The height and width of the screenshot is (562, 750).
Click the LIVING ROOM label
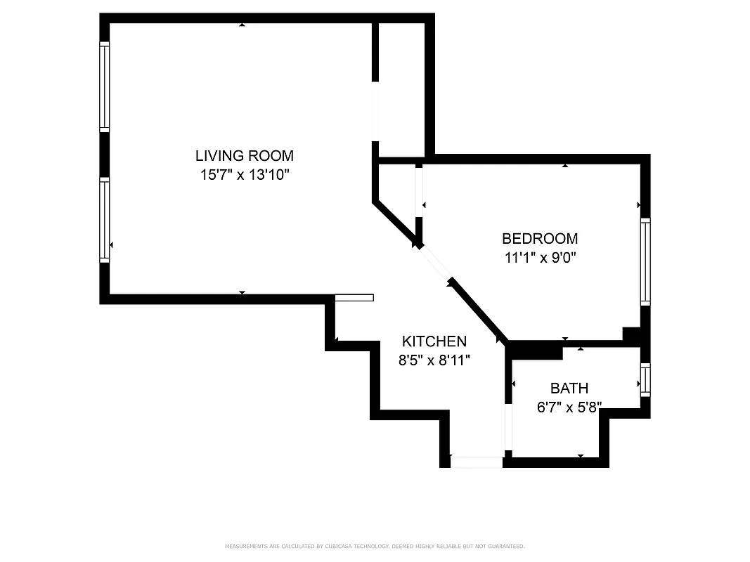point(244,155)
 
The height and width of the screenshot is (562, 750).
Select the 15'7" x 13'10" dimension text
point(244,174)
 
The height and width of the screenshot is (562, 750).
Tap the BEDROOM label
point(539,238)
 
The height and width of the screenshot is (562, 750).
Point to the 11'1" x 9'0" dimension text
point(540,257)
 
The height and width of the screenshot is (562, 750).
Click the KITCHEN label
point(434,341)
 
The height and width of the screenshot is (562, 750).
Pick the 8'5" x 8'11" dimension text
point(434,360)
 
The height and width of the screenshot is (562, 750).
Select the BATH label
point(569,388)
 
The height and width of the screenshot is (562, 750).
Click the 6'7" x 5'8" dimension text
point(569,407)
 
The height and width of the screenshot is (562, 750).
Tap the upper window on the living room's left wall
point(105,86)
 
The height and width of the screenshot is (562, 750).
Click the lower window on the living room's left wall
point(105,220)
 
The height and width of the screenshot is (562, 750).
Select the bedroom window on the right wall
point(645,261)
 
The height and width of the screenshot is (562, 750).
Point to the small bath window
point(645,379)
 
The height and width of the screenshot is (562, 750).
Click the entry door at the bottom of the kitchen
point(476,462)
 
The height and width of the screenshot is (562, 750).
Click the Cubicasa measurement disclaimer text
point(375,546)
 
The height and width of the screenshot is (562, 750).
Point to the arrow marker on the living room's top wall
point(242,25)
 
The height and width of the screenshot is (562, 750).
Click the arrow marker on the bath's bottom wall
point(580,456)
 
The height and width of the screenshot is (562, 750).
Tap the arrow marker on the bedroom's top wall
point(564,166)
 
